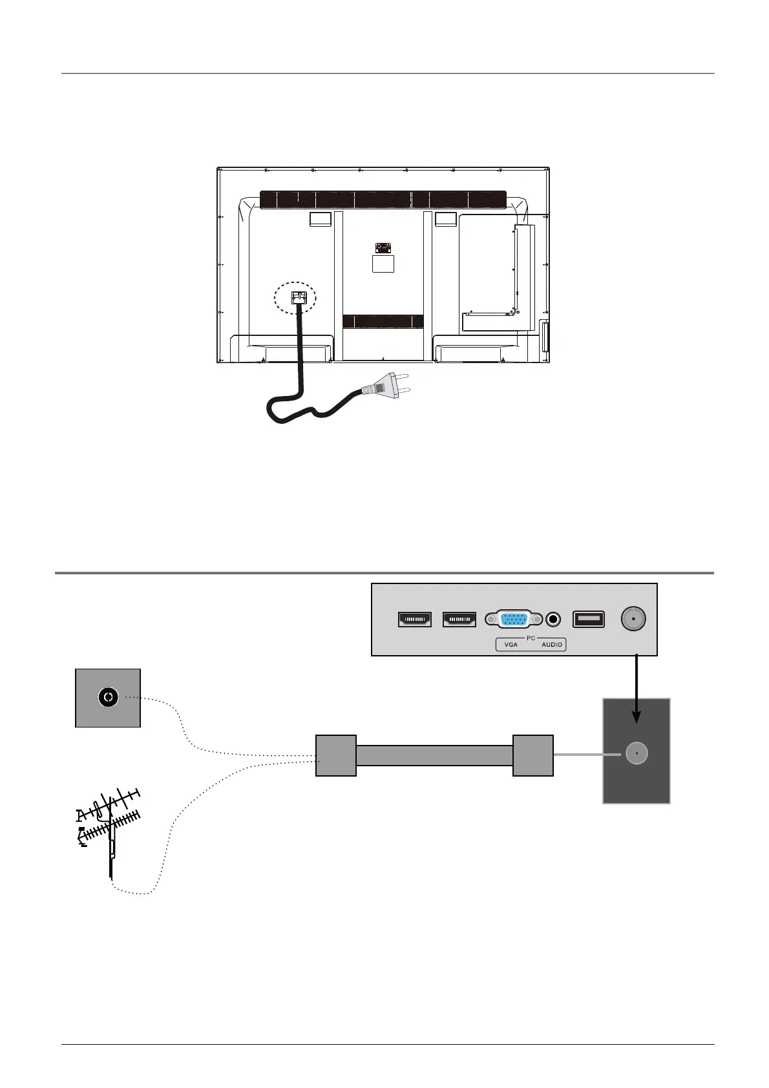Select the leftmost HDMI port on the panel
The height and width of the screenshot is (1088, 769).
414,620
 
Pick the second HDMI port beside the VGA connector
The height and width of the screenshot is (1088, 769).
459,620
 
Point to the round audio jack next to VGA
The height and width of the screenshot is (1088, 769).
553,620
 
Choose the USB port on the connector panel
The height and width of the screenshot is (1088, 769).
589,620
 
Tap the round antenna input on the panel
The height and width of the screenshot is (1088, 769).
633,620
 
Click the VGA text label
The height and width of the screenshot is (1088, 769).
511,645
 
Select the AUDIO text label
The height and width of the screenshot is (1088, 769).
553,645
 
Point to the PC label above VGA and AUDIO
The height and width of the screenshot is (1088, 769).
531,638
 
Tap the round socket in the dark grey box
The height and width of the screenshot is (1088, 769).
637,754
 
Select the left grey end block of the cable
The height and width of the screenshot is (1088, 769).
336,755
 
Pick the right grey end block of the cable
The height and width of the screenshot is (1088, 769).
533,755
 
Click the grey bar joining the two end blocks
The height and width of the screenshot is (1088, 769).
434,755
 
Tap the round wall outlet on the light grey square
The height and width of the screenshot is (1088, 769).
108,697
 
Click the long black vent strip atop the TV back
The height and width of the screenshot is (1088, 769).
383,200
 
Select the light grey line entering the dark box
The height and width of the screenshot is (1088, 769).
588,754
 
